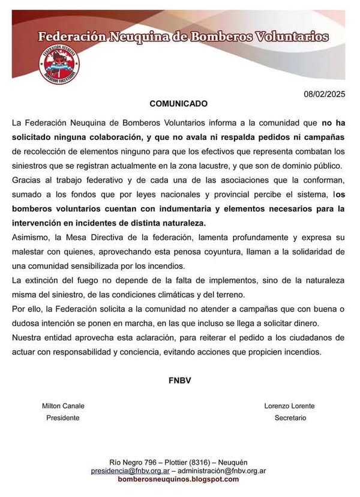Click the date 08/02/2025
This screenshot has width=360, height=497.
point(325,94)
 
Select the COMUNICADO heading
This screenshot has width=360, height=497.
point(178,103)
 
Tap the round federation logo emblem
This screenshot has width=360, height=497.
point(59,64)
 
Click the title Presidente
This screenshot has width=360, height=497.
point(62,418)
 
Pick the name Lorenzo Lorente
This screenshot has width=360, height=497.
point(290,406)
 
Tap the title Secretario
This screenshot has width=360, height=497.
point(290,418)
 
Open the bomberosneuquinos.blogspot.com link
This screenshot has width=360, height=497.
point(178,480)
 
